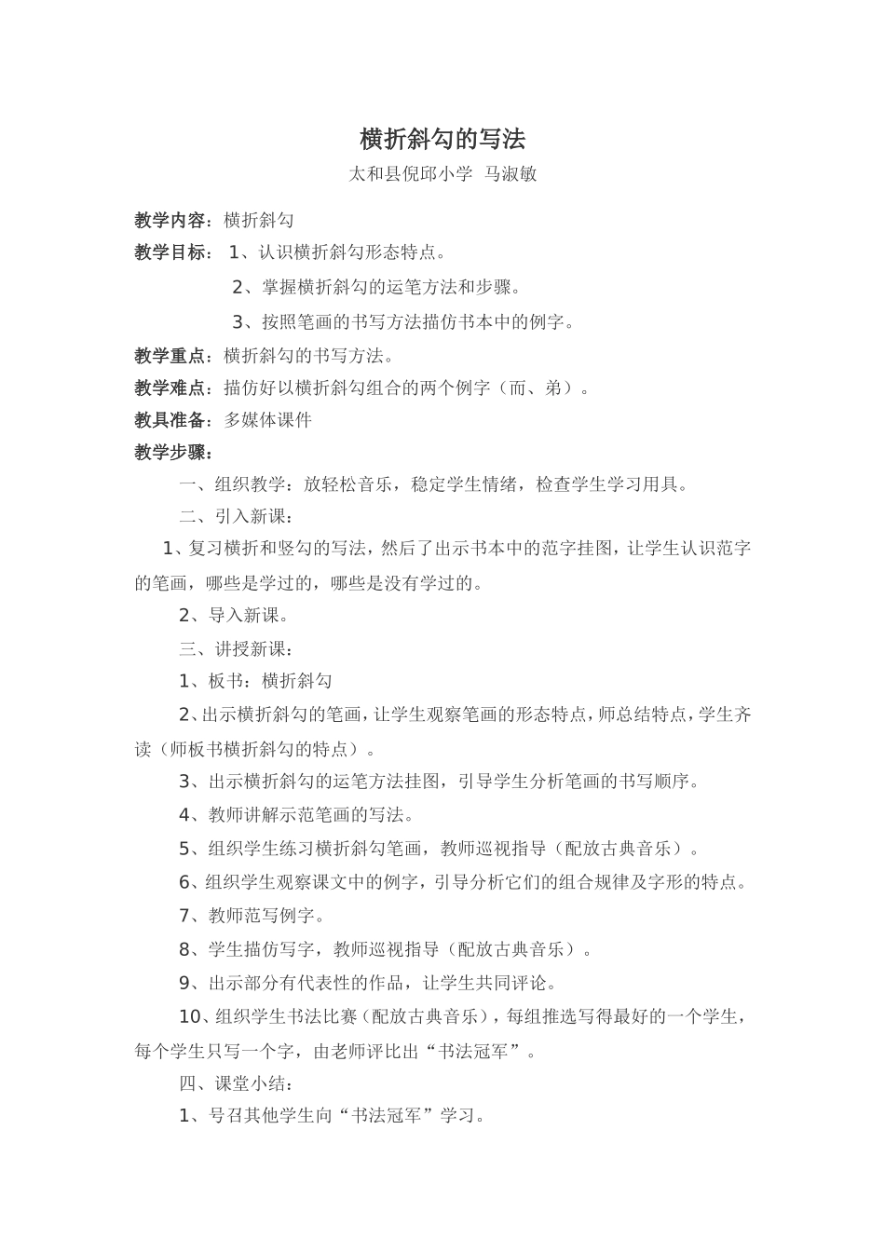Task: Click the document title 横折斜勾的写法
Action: tap(442, 140)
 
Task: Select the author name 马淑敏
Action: tap(511, 174)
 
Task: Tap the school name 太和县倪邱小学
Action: tap(410, 174)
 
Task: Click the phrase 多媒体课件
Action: tap(268, 420)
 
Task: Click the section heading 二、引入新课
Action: tap(237, 517)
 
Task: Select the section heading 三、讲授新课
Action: tap(237, 649)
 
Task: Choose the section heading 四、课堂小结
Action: tap(237, 1084)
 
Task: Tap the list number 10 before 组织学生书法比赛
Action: tap(190, 1016)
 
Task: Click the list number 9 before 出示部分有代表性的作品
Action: tap(184, 983)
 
